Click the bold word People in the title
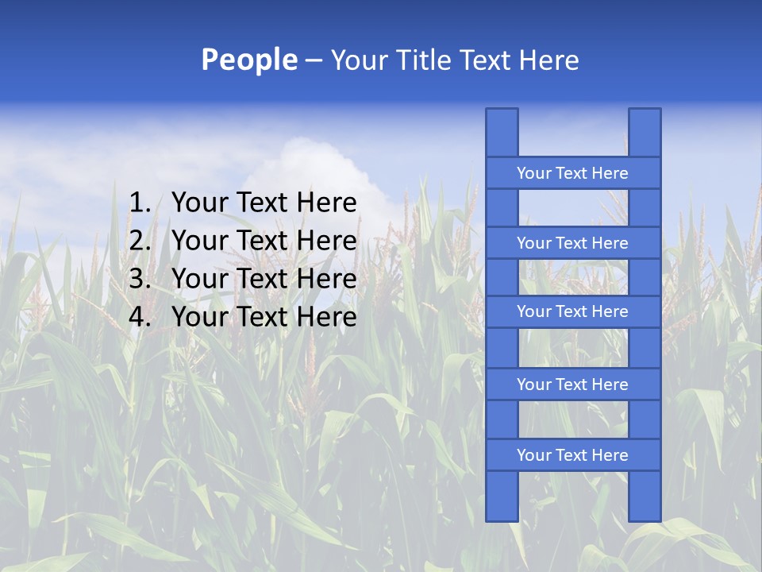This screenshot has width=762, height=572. point(249,60)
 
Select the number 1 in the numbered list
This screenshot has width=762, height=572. point(139,203)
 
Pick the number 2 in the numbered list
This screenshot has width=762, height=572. point(139,241)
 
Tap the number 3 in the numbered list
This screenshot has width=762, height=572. point(139,279)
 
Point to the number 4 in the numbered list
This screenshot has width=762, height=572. point(139,317)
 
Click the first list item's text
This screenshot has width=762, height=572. point(264,203)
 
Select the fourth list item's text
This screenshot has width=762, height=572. point(264,317)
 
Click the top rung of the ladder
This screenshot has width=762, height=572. point(572,173)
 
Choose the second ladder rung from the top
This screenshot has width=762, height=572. point(572,243)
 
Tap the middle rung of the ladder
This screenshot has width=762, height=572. point(572,311)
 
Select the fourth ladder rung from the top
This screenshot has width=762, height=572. point(572,385)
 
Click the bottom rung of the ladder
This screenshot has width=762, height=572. point(572,455)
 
